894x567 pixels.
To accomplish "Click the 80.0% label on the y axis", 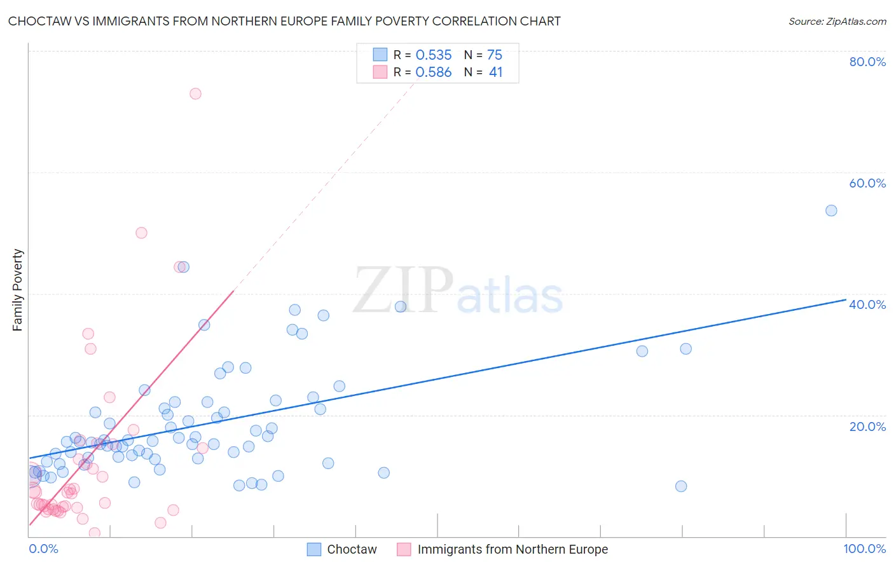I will pos(867,62).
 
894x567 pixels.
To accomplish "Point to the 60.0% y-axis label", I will pos(867,183).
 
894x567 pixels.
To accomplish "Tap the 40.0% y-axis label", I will pos(867,304).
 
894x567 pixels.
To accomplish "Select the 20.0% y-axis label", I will pos(867,427).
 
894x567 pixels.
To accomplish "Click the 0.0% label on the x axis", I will pos(43,549).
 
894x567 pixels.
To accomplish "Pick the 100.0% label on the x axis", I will pos(864,549).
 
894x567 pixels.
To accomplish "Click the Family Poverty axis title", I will pos(18,290).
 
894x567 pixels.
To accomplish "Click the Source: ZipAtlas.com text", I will pos(837,22).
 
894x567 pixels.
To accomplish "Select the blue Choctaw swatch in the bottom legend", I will pos(314,549).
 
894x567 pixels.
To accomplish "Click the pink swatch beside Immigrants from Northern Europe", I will pos(404,549).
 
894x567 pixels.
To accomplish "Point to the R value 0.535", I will pos(434,55).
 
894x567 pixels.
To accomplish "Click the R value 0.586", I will pos(434,72).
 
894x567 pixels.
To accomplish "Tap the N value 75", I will pos(495,55).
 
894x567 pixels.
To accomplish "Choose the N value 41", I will pos(495,72).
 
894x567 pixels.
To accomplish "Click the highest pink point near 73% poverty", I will pos(195,93).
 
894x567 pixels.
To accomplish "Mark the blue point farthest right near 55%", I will pos(831,210).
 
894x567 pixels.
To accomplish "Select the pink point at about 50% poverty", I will pos(141,233).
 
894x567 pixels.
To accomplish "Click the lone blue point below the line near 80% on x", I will pos(681,486).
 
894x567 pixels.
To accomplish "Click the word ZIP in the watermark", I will pos(403,291).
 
